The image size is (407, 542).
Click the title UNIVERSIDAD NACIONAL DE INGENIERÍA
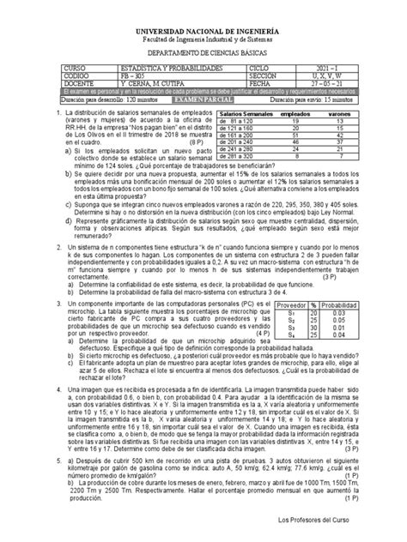pyautogui.click(x=203, y=29)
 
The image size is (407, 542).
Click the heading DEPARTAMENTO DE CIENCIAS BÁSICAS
pyautogui.click(x=203, y=51)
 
